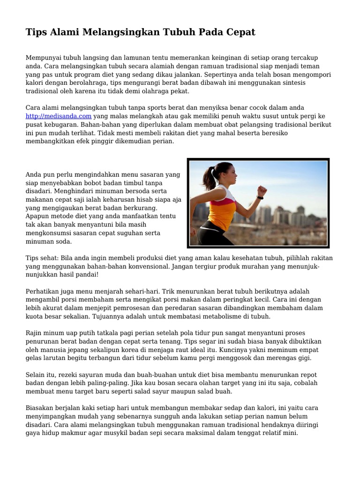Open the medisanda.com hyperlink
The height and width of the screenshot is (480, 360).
tap(58, 116)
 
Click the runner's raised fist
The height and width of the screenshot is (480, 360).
tap(262, 190)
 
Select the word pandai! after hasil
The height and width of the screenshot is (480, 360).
tap(85, 275)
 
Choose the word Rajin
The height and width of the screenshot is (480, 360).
tap(34, 333)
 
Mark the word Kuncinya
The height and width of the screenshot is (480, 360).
tap(251, 350)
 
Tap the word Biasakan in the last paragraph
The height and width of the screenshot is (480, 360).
tap(40, 408)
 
